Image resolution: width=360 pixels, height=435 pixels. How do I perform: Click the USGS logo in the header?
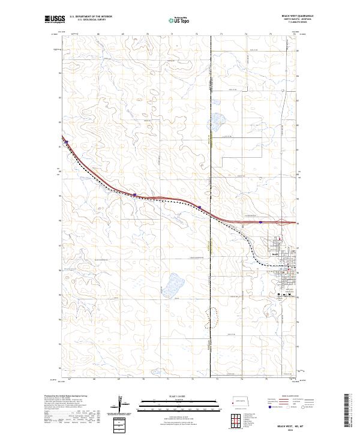54,19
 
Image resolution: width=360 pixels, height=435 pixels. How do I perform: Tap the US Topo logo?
173,20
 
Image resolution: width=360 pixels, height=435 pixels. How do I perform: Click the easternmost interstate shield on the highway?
260,222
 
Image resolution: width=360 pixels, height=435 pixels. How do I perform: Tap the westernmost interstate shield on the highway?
67,142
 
